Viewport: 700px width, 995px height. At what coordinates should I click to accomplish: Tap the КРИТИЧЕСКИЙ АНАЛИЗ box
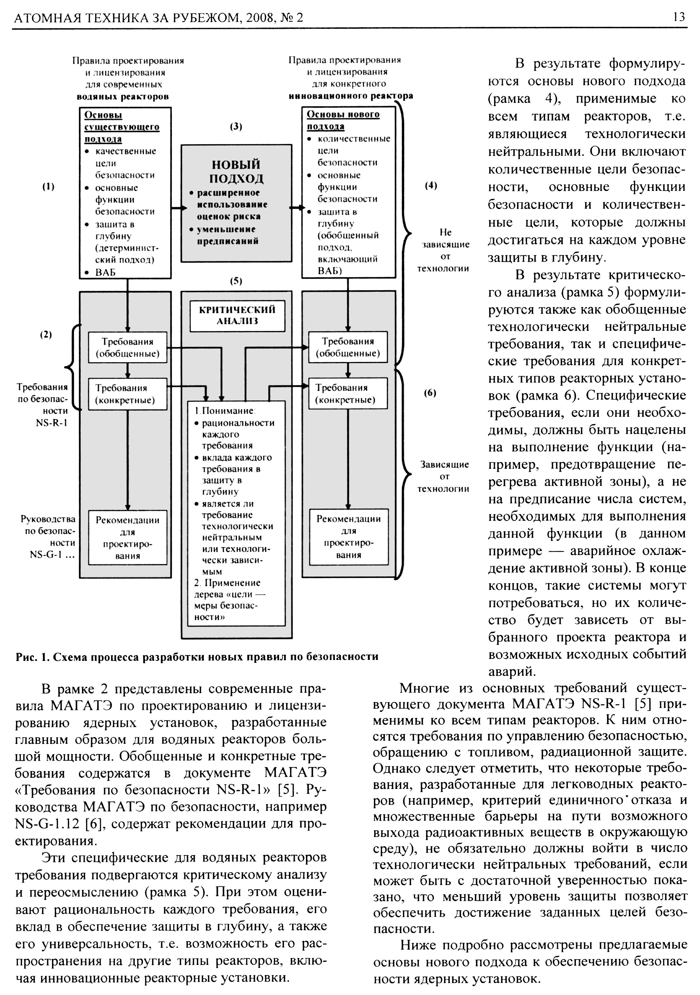pos(237,315)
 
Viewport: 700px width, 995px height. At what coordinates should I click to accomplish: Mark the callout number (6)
pos(430,393)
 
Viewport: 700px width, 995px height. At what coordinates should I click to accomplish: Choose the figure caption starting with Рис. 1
pos(197,657)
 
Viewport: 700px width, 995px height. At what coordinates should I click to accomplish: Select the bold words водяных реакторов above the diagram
pos(123,96)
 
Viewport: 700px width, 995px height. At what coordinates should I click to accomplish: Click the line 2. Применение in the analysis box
pos(227,583)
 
